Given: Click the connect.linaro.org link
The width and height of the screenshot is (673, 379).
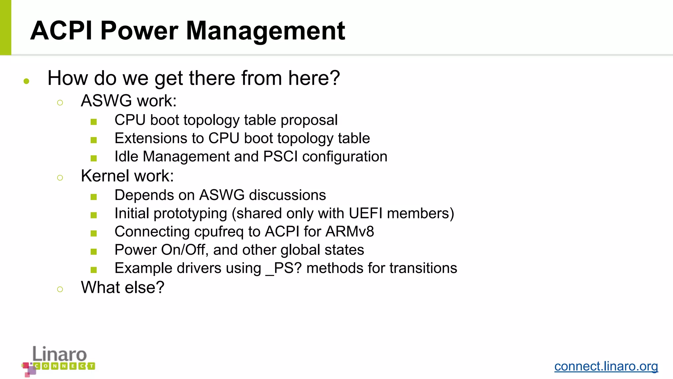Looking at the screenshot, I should pos(606,366).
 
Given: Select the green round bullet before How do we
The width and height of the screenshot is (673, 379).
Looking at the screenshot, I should pos(27,81).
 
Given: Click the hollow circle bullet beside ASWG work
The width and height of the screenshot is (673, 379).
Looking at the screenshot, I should pos(60,103).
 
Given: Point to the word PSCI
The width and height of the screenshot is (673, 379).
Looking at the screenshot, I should pos(280,157).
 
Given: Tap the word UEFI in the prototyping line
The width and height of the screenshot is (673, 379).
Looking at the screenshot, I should pos(365,214).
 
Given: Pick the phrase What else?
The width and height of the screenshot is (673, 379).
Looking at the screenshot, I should pos(123,288).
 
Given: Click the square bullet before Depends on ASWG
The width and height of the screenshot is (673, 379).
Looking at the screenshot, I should pos(94,197).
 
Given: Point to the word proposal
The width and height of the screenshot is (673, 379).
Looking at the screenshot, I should pos(309,120).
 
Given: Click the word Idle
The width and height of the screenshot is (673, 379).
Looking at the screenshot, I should pos(126,157).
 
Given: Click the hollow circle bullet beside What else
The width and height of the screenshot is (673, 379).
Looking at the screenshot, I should pos(60,290).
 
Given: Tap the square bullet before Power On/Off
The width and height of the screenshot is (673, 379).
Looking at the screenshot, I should pos(94,252).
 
